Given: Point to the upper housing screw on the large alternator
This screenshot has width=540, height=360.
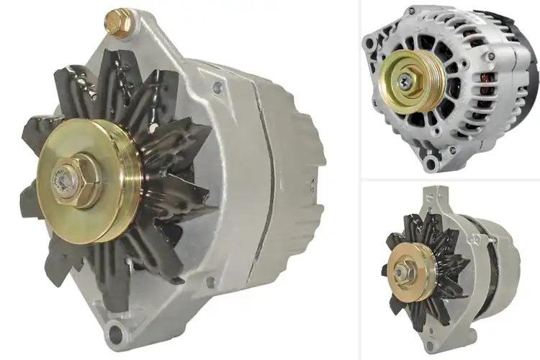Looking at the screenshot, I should [217, 89].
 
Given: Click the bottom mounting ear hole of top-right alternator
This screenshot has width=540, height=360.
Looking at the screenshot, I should [432, 165].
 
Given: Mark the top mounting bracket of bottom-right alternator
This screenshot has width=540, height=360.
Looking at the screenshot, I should [432, 197].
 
